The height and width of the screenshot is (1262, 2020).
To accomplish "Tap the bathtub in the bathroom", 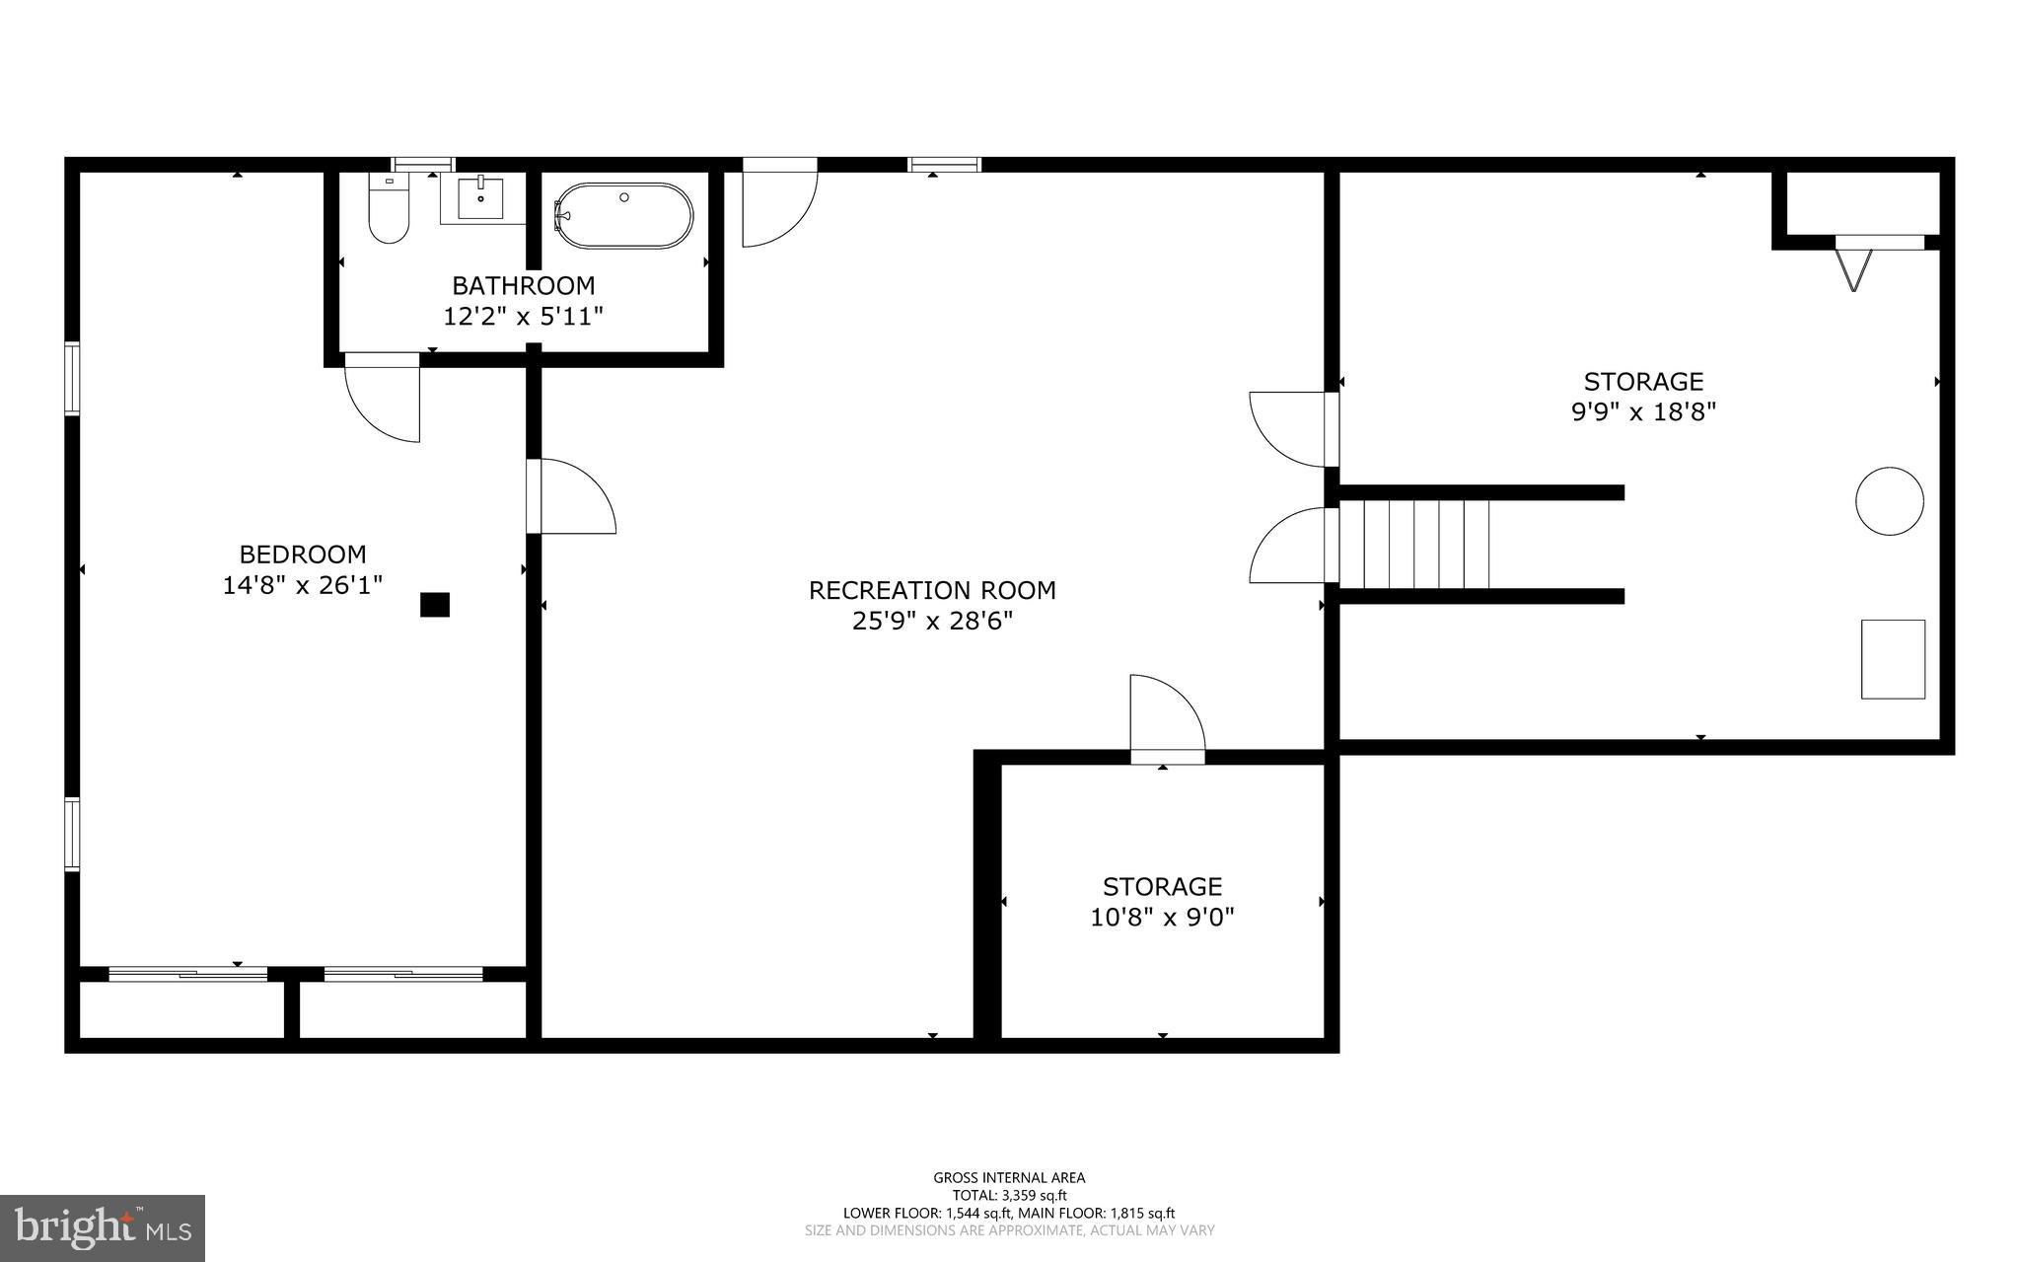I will [623, 215].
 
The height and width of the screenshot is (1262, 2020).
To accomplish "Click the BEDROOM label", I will [303, 555].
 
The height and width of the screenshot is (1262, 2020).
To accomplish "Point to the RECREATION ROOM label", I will [932, 590].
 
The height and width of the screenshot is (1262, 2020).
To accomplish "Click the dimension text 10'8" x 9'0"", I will [1162, 918].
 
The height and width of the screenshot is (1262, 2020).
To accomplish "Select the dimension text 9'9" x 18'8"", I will [1643, 412].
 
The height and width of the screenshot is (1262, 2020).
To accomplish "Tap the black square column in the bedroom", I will [435, 605].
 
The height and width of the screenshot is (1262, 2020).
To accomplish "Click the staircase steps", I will [1413, 544].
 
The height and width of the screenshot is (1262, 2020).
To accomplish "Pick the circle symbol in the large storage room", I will [1889, 501].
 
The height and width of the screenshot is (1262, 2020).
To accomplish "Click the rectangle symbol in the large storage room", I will [1893, 659].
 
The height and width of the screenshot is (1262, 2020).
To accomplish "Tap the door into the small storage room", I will [1167, 717].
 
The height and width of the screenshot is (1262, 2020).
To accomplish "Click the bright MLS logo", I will [103, 1227].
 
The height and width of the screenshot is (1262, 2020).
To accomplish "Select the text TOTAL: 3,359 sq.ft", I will [1009, 1195].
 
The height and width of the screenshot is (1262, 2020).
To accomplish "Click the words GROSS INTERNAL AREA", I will [1009, 1177].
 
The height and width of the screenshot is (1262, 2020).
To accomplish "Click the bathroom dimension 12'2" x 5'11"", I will [523, 317].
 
